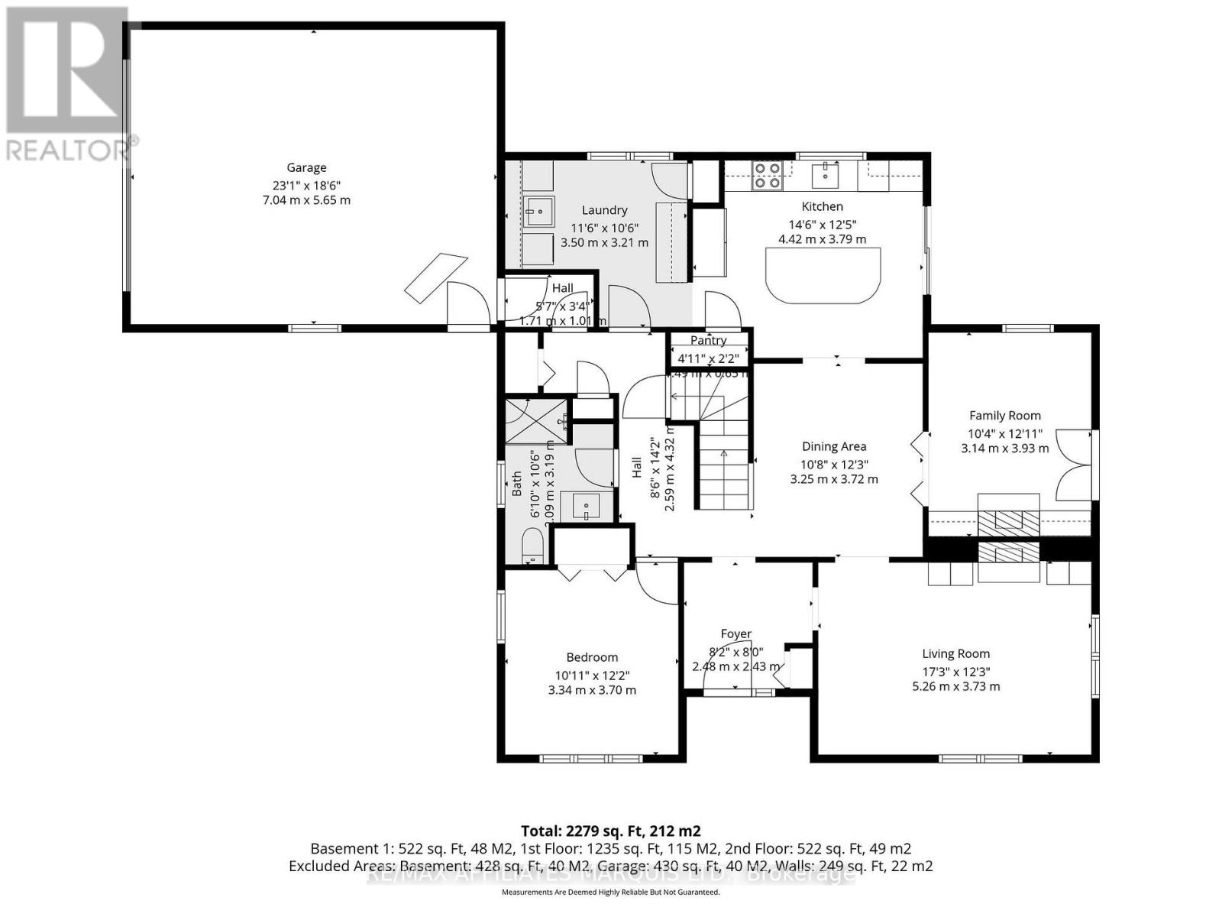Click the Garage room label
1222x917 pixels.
(x=306, y=167)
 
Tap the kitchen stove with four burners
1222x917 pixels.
(x=767, y=176)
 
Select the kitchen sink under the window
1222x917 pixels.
(x=826, y=177)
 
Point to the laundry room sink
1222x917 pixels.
(x=539, y=211)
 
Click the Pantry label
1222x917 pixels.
(x=708, y=340)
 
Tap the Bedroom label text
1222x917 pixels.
(x=592, y=657)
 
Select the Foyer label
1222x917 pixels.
(x=735, y=633)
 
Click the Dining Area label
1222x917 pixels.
(x=833, y=446)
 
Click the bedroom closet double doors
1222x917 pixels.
(x=593, y=573)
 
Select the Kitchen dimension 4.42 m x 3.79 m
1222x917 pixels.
(x=822, y=239)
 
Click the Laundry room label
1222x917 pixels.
(x=604, y=210)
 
